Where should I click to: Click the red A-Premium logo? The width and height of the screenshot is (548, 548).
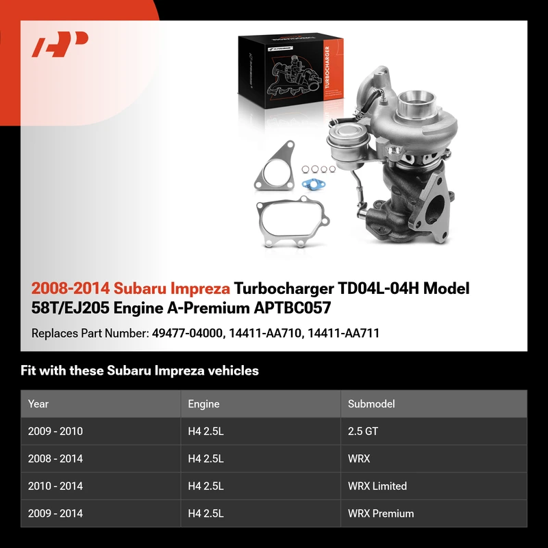pyautogui.click(x=60, y=44)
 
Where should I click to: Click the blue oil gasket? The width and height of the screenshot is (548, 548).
pyautogui.click(x=314, y=184)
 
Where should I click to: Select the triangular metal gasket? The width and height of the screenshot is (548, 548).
pyautogui.click(x=275, y=166)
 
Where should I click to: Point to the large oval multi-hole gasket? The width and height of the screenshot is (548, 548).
pyautogui.click(x=293, y=221)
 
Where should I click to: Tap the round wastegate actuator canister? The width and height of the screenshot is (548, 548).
pyautogui.click(x=349, y=143)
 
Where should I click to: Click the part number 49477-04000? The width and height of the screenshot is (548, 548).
pyautogui.click(x=187, y=334)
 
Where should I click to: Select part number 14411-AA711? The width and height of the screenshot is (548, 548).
pyautogui.click(x=344, y=334)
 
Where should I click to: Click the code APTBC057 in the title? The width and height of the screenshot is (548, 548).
pyautogui.click(x=292, y=308)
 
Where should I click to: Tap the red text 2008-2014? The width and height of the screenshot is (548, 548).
pyautogui.click(x=71, y=288)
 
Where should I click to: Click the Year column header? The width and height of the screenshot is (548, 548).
pyautogui.click(x=38, y=404)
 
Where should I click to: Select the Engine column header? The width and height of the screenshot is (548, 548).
pyautogui.click(x=203, y=404)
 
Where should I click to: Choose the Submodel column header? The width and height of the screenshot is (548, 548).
pyautogui.click(x=371, y=404)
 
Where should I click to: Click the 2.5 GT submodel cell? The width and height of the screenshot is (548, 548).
pyautogui.click(x=363, y=432)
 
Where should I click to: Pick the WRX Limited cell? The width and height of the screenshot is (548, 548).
pyautogui.click(x=377, y=486)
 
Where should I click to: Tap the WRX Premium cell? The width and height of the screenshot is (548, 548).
pyautogui.click(x=381, y=513)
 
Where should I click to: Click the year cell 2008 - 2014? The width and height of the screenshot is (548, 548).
pyautogui.click(x=55, y=458)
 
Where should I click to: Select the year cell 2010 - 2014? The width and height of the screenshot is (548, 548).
pyautogui.click(x=55, y=486)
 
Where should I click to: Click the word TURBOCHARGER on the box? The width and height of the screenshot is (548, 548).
pyautogui.click(x=327, y=66)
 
